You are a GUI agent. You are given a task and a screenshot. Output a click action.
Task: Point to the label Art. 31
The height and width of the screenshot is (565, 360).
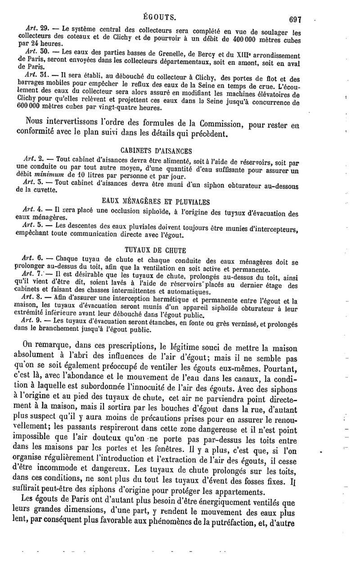34,74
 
